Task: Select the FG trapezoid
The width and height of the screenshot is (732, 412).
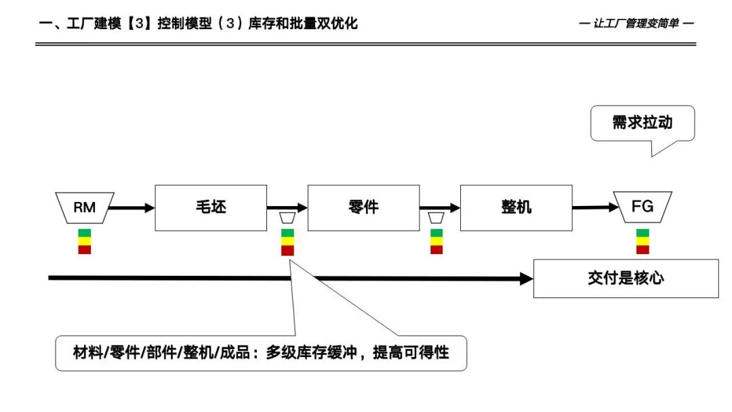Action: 642,207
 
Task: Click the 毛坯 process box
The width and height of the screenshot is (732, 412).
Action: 211,207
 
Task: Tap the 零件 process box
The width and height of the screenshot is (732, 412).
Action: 363,207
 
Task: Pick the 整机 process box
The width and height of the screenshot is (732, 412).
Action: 516,207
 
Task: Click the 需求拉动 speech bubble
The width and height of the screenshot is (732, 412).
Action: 642,123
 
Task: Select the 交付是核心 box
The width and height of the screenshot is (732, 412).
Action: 626,278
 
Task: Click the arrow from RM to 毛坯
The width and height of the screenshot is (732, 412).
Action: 132,208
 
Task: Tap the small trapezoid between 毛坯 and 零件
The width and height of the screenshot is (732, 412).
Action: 287,218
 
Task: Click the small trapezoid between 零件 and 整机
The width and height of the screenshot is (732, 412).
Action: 436,218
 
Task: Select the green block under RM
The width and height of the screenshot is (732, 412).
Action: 85,233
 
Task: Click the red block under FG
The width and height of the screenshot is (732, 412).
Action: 643,249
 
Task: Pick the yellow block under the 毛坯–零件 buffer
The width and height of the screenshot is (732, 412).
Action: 287,241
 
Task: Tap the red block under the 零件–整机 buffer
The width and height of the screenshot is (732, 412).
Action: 436,249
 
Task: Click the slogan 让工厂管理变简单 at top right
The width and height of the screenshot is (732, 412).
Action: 637,24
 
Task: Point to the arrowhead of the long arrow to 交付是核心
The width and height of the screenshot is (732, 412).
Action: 526,278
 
